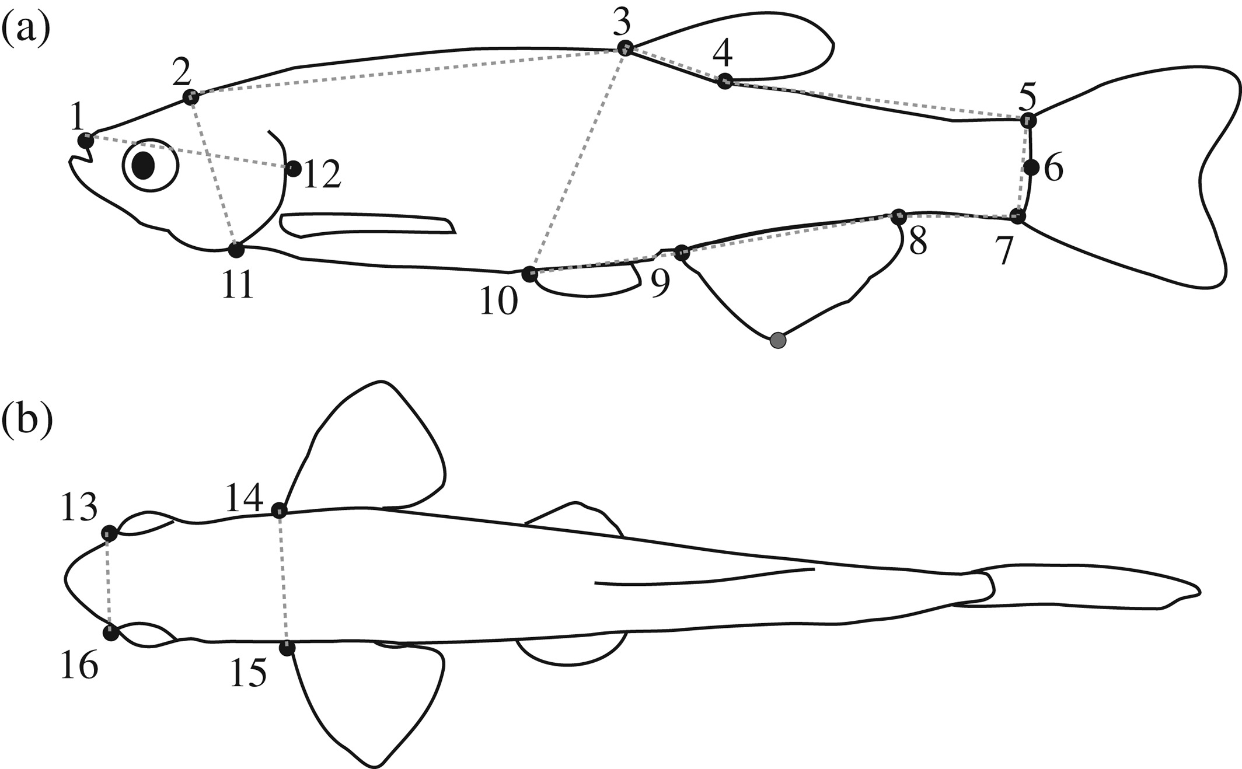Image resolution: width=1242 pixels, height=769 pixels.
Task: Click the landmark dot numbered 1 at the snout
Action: [86, 141]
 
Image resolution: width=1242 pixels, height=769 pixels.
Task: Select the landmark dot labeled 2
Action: [190, 97]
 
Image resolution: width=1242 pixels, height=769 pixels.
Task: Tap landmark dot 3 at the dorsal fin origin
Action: [625, 47]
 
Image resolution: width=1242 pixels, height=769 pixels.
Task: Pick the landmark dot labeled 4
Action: [724, 81]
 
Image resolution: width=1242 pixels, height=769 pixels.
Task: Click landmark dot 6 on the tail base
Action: [1031, 168]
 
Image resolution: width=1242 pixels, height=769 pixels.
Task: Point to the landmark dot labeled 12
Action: [294, 169]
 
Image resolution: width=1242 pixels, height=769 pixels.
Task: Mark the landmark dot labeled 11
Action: [236, 250]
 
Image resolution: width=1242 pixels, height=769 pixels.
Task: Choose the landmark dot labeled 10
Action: [529, 274]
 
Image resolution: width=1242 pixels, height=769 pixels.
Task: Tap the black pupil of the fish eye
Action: [143, 166]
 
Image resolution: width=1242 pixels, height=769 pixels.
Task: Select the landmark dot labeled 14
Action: [280, 511]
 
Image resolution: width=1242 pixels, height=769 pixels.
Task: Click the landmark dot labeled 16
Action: [110, 632]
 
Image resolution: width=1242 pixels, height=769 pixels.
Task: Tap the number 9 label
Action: [660, 285]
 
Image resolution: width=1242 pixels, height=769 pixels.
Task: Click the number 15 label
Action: [248, 673]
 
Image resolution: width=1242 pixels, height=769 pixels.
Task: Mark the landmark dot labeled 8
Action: [898, 216]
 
